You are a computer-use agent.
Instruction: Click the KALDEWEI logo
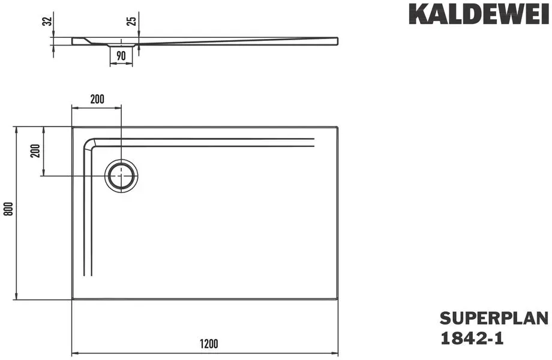(478, 14)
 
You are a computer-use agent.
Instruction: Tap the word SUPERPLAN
(494, 318)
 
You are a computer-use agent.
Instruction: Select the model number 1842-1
(472, 338)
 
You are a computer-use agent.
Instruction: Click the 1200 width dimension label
(209, 343)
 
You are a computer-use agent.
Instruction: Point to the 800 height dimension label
(9, 209)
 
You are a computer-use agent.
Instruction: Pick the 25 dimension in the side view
(131, 21)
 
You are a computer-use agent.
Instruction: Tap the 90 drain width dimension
(121, 56)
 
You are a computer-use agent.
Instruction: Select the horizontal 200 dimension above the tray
(97, 99)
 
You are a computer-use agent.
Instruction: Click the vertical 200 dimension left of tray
(35, 151)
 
